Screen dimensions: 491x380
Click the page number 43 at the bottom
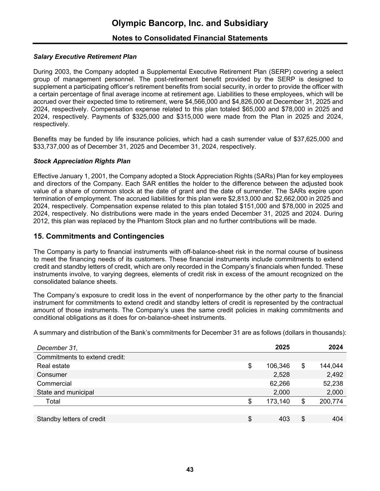tap(190, 469)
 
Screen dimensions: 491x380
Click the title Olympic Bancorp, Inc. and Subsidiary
tap(190, 23)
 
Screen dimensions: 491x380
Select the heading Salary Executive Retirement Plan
tap(85, 57)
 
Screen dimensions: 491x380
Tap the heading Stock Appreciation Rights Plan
tap(82, 161)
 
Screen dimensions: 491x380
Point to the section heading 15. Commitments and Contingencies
tap(99, 236)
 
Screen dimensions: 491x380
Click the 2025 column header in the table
tap(282, 347)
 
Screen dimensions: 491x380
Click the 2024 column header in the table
tap(336, 347)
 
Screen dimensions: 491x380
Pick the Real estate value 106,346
tap(278, 366)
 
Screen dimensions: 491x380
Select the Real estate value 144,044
tap(331, 366)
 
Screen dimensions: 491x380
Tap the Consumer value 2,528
tap(282, 374)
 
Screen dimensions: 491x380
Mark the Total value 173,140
tap(278, 401)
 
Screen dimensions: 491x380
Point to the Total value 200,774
tap(331, 401)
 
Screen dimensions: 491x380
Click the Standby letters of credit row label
tap(71, 419)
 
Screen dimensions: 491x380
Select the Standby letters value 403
tap(284, 419)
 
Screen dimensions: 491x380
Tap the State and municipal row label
tap(65, 392)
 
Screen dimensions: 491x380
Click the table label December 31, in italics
tap(57, 348)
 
